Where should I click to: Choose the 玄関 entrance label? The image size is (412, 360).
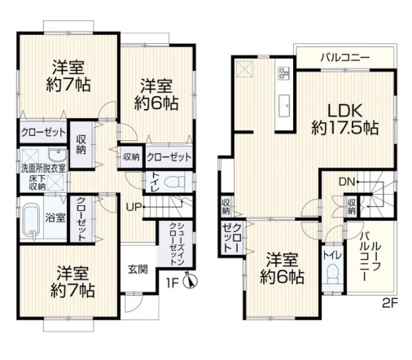(137, 270)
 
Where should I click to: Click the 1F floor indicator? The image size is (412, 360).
(173, 283)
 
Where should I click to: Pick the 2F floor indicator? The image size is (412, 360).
(389, 308)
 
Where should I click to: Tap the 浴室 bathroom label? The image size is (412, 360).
(55, 217)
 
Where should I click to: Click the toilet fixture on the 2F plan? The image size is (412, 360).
(331, 277)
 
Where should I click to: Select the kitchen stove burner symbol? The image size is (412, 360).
(283, 75)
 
